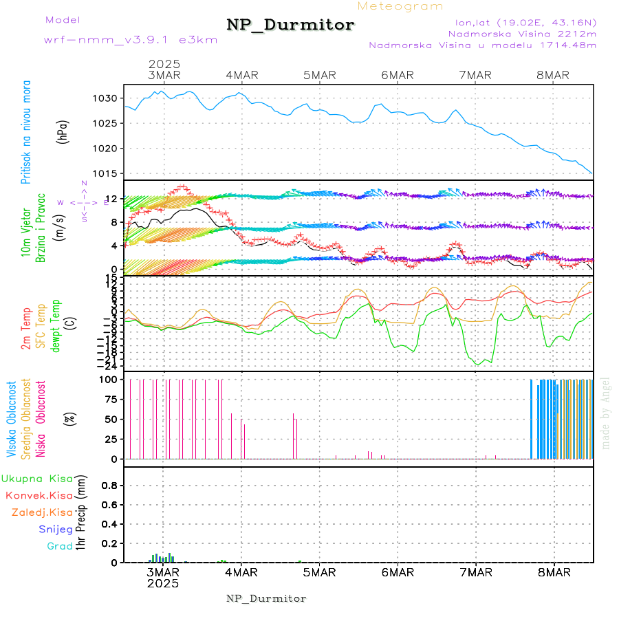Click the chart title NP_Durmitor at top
pyautogui.click(x=290, y=25)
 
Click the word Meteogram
pyautogui.click(x=400, y=6)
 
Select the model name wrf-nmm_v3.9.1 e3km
pyautogui.click(x=131, y=40)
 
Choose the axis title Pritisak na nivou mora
pyautogui.click(x=27, y=132)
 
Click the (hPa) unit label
pyautogui.click(x=63, y=132)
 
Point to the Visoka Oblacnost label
pyautogui.click(x=12, y=419)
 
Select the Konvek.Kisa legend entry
pyautogui.click(x=39, y=495)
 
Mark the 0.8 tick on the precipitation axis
pyautogui.click(x=109, y=485)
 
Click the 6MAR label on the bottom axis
pyautogui.click(x=397, y=573)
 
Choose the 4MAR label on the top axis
pyautogui.click(x=239, y=75)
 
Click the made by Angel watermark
pyautogui.click(x=606, y=413)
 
